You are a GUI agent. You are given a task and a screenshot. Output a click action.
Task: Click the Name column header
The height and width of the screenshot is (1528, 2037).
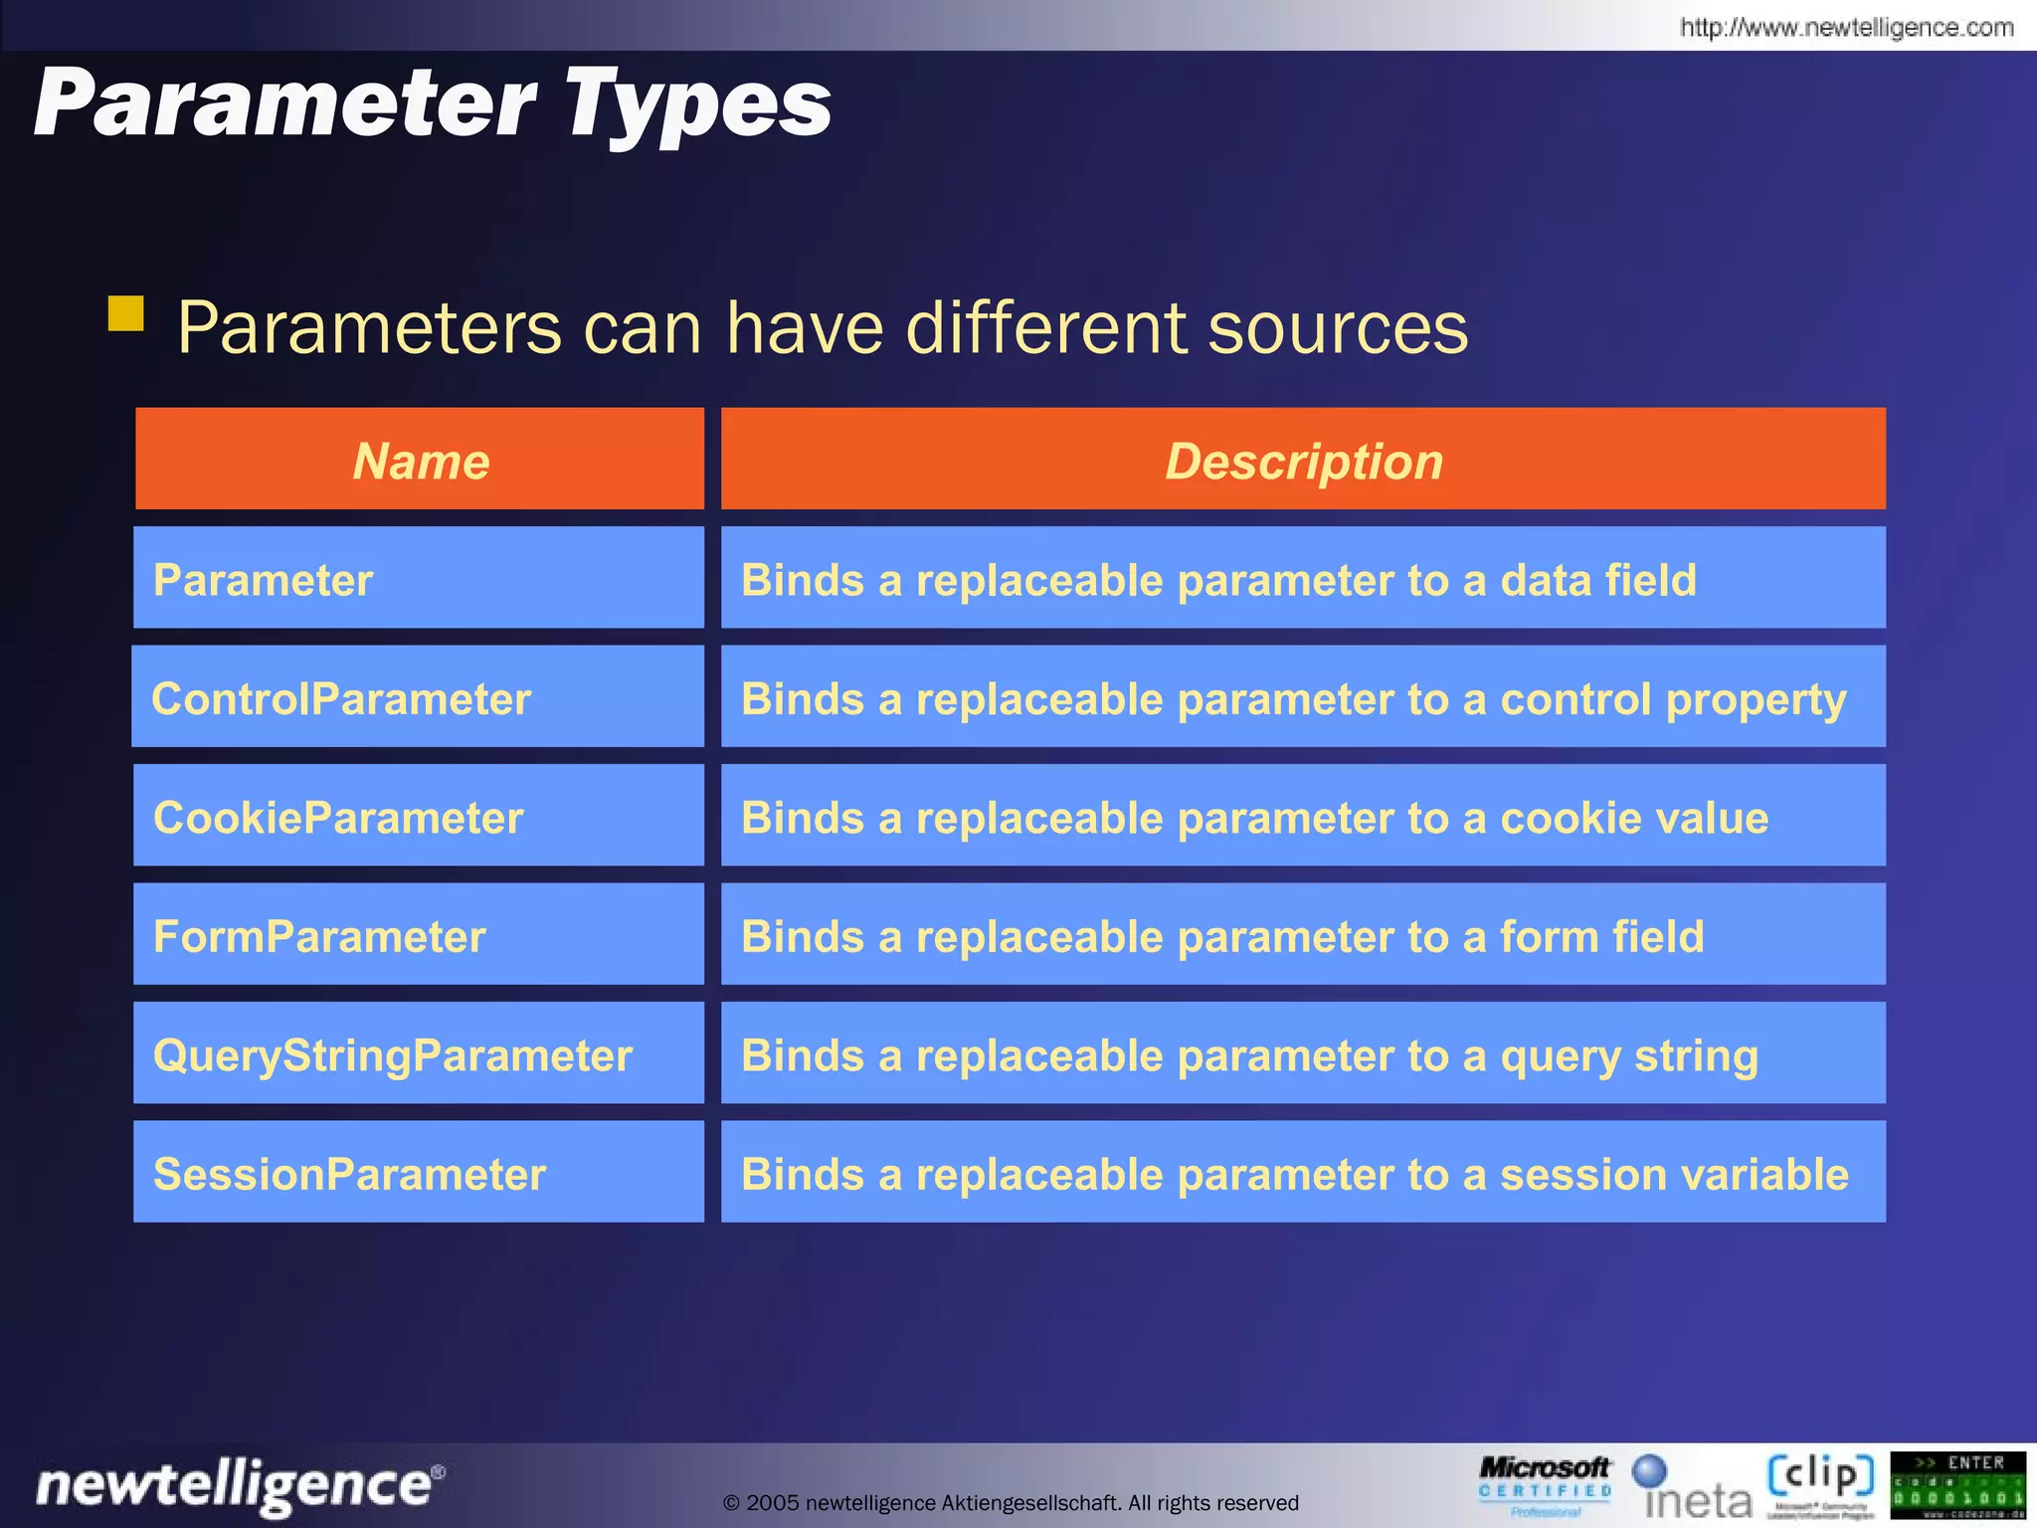pyautogui.click(x=420, y=461)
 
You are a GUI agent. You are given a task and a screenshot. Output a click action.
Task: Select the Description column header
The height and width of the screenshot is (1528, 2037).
pyautogui.click(x=1303, y=461)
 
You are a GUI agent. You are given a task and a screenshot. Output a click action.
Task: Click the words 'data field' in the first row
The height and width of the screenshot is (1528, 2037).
pyautogui.click(x=1597, y=580)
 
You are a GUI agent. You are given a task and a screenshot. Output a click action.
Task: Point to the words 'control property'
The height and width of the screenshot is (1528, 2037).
pyautogui.click(x=1672, y=700)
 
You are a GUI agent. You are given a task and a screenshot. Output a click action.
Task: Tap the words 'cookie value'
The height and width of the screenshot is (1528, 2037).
pyautogui.click(x=1633, y=818)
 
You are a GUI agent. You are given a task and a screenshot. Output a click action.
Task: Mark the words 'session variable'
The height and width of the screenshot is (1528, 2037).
pyautogui.click(x=1674, y=1174)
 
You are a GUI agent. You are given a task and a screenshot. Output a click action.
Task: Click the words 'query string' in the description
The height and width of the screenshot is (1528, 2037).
pyautogui.click(x=1628, y=1056)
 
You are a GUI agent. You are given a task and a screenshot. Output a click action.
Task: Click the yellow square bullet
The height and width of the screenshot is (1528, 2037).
pyautogui.click(x=126, y=313)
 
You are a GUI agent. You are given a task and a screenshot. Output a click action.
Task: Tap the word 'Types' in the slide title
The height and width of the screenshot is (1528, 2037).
pyautogui.click(x=698, y=105)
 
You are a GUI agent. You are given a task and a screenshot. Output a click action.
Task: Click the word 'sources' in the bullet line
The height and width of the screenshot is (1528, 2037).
pyautogui.click(x=1337, y=327)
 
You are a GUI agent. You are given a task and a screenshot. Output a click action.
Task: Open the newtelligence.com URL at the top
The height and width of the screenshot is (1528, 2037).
pyautogui.click(x=1846, y=27)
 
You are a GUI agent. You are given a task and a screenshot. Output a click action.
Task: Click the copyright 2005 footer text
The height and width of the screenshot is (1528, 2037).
pyautogui.click(x=1011, y=1502)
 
